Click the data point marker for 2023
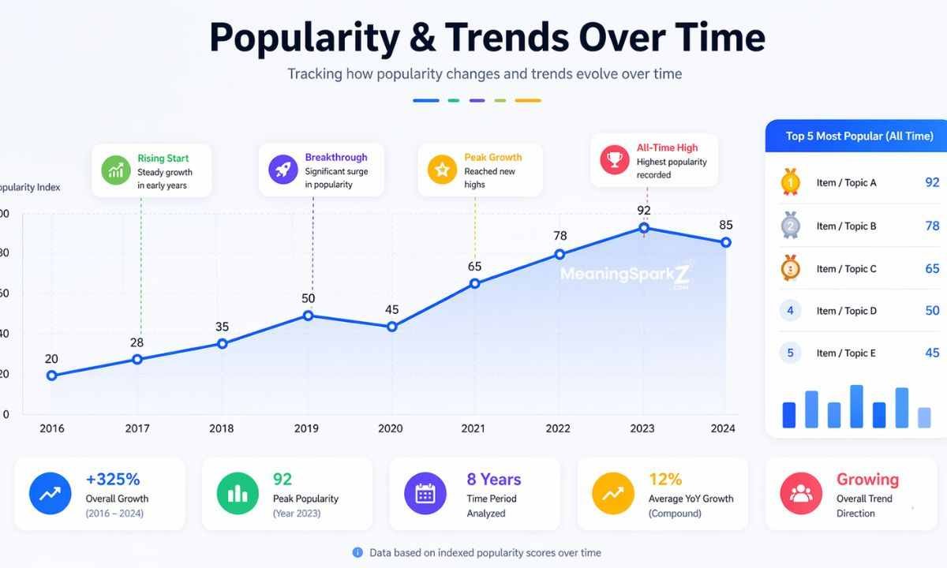pos(644,228)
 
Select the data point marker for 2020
pos(391,327)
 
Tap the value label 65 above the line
pos(474,267)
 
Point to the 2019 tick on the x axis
pos(306,428)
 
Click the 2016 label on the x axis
pos(51,428)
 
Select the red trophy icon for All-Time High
pos(614,160)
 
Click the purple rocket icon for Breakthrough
pos(283,170)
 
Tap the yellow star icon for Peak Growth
pos(442,170)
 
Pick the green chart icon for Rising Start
pos(115,170)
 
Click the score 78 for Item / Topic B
pos(932,226)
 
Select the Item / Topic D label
pos(846,311)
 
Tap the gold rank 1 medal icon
pos(790,182)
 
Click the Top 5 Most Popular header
pos(859,136)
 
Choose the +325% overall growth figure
pos(113,480)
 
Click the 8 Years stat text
pos(494,480)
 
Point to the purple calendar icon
pos(425,494)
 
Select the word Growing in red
pos(867,480)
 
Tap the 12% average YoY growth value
pos(665,480)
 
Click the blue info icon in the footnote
pos(357,552)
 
